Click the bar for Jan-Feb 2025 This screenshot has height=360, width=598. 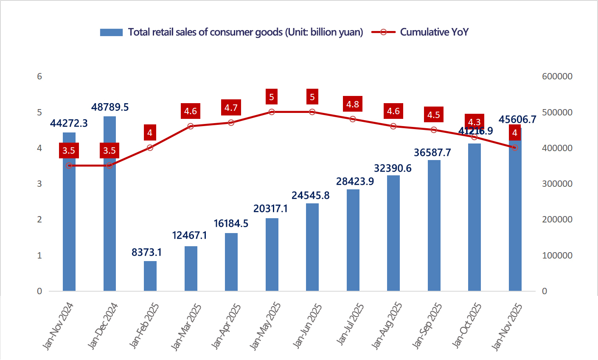150,276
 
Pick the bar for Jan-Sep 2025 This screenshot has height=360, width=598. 434,225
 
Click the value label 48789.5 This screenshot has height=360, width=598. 110,107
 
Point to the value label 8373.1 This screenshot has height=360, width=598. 147,253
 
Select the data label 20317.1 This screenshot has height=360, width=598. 271,208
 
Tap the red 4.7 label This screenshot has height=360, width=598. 231,108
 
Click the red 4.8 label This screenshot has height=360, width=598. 353,104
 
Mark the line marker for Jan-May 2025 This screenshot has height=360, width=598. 272,112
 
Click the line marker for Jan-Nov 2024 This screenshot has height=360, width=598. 69,166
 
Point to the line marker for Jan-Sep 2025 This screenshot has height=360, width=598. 434,130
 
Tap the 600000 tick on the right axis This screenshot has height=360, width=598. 557,76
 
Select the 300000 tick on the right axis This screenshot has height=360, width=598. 557,184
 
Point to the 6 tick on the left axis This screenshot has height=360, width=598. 39,76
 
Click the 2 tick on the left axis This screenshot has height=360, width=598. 39,219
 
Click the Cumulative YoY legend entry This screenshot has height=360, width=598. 434,32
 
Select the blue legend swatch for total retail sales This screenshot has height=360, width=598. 111,32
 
